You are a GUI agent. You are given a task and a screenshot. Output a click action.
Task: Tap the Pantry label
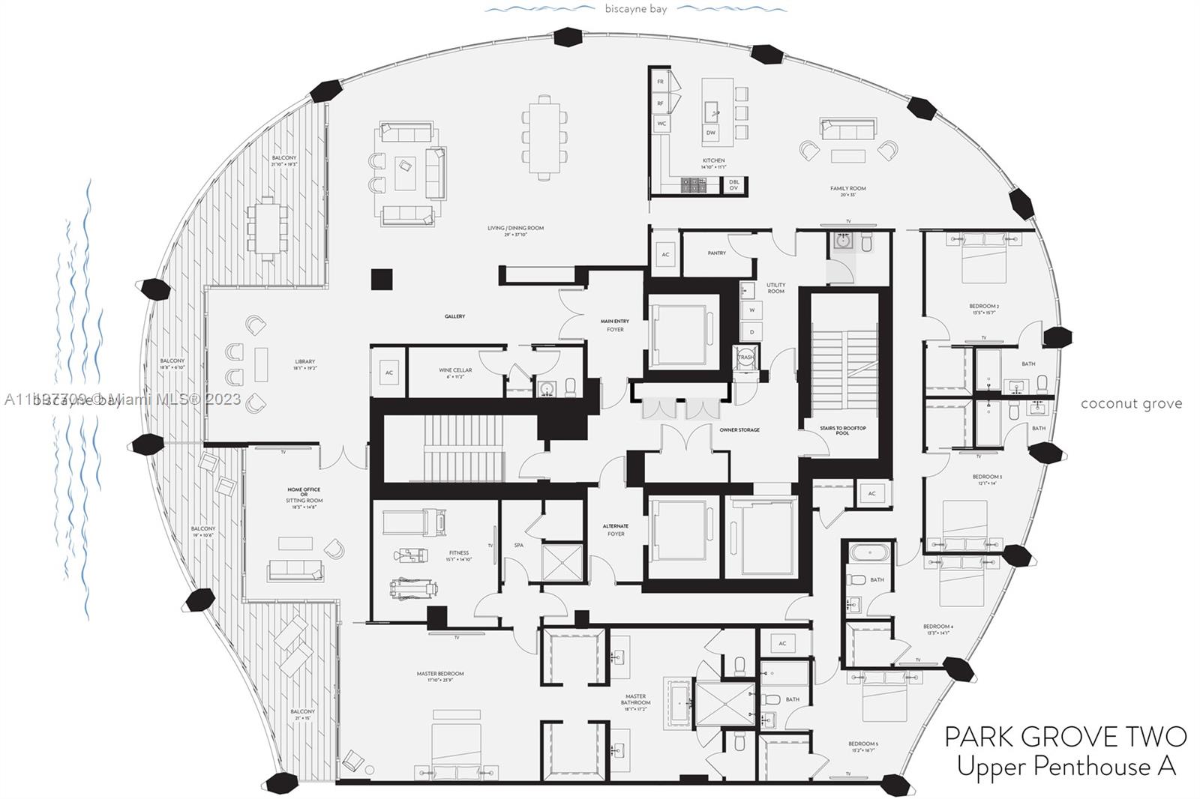(716, 253)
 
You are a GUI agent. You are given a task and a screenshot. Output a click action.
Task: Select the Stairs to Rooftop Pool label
(842, 430)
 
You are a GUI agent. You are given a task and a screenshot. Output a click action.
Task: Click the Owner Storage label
(739, 430)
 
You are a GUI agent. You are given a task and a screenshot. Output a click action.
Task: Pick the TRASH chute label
(745, 358)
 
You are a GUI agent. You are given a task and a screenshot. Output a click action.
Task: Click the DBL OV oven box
(733, 184)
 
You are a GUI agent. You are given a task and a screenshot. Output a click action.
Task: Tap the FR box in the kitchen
(661, 82)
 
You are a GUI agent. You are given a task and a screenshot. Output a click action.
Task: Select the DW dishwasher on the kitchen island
(710, 133)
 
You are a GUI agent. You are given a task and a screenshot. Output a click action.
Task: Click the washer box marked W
(751, 310)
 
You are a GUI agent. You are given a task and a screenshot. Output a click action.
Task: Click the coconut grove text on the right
(1130, 404)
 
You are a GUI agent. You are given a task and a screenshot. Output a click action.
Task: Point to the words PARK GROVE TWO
(1065, 737)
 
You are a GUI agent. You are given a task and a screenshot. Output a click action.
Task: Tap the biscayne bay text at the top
(636, 9)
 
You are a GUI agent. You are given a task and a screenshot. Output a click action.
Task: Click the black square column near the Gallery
(382, 280)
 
